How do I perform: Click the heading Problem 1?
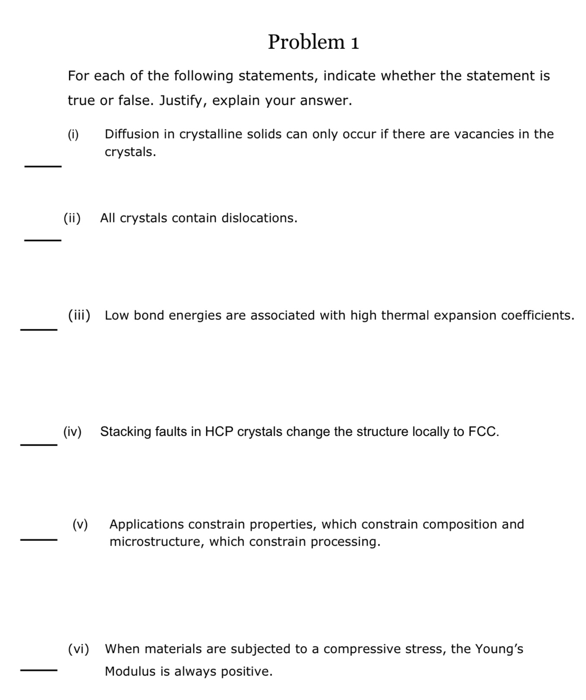pyautogui.click(x=313, y=42)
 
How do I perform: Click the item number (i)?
pyautogui.click(x=73, y=135)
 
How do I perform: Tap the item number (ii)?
pyautogui.click(x=72, y=218)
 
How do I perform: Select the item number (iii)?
pyautogui.click(x=79, y=315)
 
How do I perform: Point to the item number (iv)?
pyautogui.click(x=72, y=432)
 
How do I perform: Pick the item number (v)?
pyautogui.click(x=80, y=525)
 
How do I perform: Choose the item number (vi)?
pyautogui.click(x=79, y=649)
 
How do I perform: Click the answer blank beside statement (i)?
pyautogui.click(x=43, y=166)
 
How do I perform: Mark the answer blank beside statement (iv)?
pyautogui.click(x=38, y=444)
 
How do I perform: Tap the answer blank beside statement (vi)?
pyautogui.click(x=38, y=671)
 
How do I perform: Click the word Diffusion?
pyautogui.click(x=132, y=134)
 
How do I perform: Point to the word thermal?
pyautogui.click(x=405, y=315)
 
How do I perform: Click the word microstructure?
pyautogui.click(x=156, y=542)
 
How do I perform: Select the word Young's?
pyautogui.click(x=499, y=649)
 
